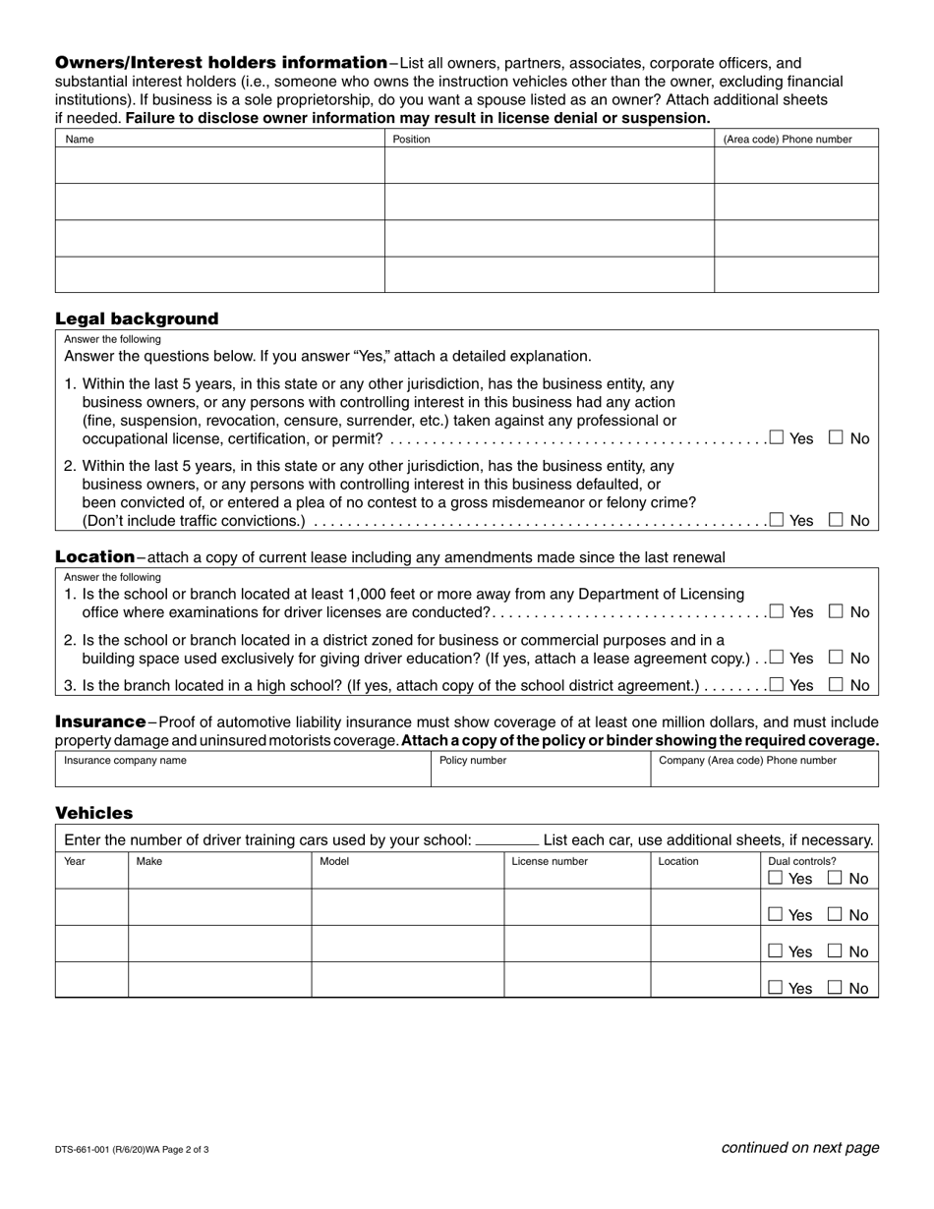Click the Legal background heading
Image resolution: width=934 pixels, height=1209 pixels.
coord(137,318)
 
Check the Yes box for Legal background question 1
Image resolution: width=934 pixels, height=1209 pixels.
coord(777,437)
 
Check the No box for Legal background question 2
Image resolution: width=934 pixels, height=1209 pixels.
coord(837,520)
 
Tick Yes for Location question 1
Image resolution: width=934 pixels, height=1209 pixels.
coord(777,611)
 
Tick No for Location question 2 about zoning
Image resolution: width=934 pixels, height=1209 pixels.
coord(837,658)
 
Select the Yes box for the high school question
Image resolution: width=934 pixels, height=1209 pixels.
coord(777,684)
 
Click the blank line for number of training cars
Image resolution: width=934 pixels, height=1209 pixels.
coord(506,841)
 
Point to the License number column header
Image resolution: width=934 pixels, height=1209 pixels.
coord(550,861)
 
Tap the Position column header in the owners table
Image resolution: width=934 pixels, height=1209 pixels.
coord(411,140)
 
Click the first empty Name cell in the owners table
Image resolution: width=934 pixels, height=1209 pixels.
coord(219,166)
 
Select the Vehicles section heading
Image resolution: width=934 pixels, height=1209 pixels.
coord(93,813)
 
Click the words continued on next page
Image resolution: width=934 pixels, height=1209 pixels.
coord(799,1147)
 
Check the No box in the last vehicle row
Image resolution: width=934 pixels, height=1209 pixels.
coord(836,988)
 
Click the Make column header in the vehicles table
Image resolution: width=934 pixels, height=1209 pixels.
coord(149,861)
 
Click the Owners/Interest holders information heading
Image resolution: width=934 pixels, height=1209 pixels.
coord(221,63)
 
